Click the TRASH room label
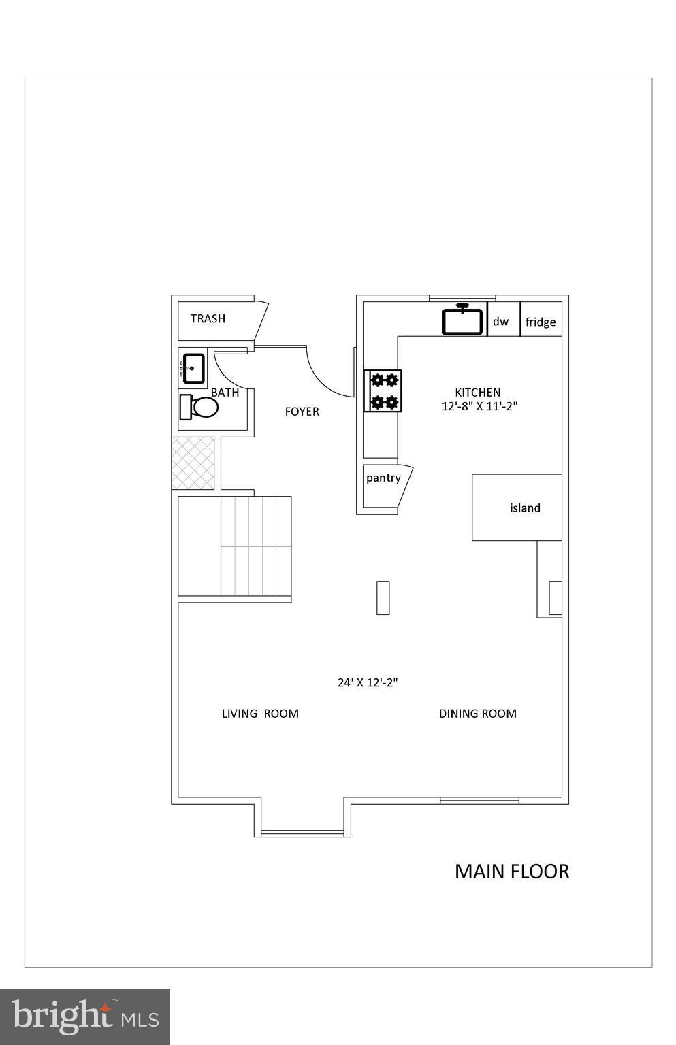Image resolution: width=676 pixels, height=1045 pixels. point(208,318)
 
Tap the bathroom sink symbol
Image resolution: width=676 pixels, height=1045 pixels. point(193,368)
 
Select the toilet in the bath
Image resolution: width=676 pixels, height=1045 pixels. point(199,407)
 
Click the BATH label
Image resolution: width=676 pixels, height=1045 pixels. point(225,393)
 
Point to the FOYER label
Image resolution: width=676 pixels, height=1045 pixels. point(302,412)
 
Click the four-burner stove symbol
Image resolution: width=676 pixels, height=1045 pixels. point(383,391)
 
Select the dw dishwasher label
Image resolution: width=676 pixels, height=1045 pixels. point(500,322)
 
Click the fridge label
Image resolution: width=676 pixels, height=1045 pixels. point(541,322)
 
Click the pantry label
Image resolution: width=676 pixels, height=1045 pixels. point(383,478)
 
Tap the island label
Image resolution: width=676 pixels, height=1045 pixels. point(525,508)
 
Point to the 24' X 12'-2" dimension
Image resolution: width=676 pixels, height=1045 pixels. point(368,682)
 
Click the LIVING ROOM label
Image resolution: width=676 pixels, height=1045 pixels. point(260,714)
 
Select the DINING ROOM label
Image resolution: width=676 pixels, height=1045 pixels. point(477,714)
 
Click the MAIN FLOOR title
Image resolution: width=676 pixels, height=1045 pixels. point(511,872)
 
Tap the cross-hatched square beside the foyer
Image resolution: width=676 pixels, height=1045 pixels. point(193,463)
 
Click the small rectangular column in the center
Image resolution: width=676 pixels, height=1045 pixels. point(383,598)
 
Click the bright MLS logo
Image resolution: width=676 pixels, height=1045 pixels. point(85,1016)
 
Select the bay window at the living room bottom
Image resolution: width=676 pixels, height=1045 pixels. point(302,831)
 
